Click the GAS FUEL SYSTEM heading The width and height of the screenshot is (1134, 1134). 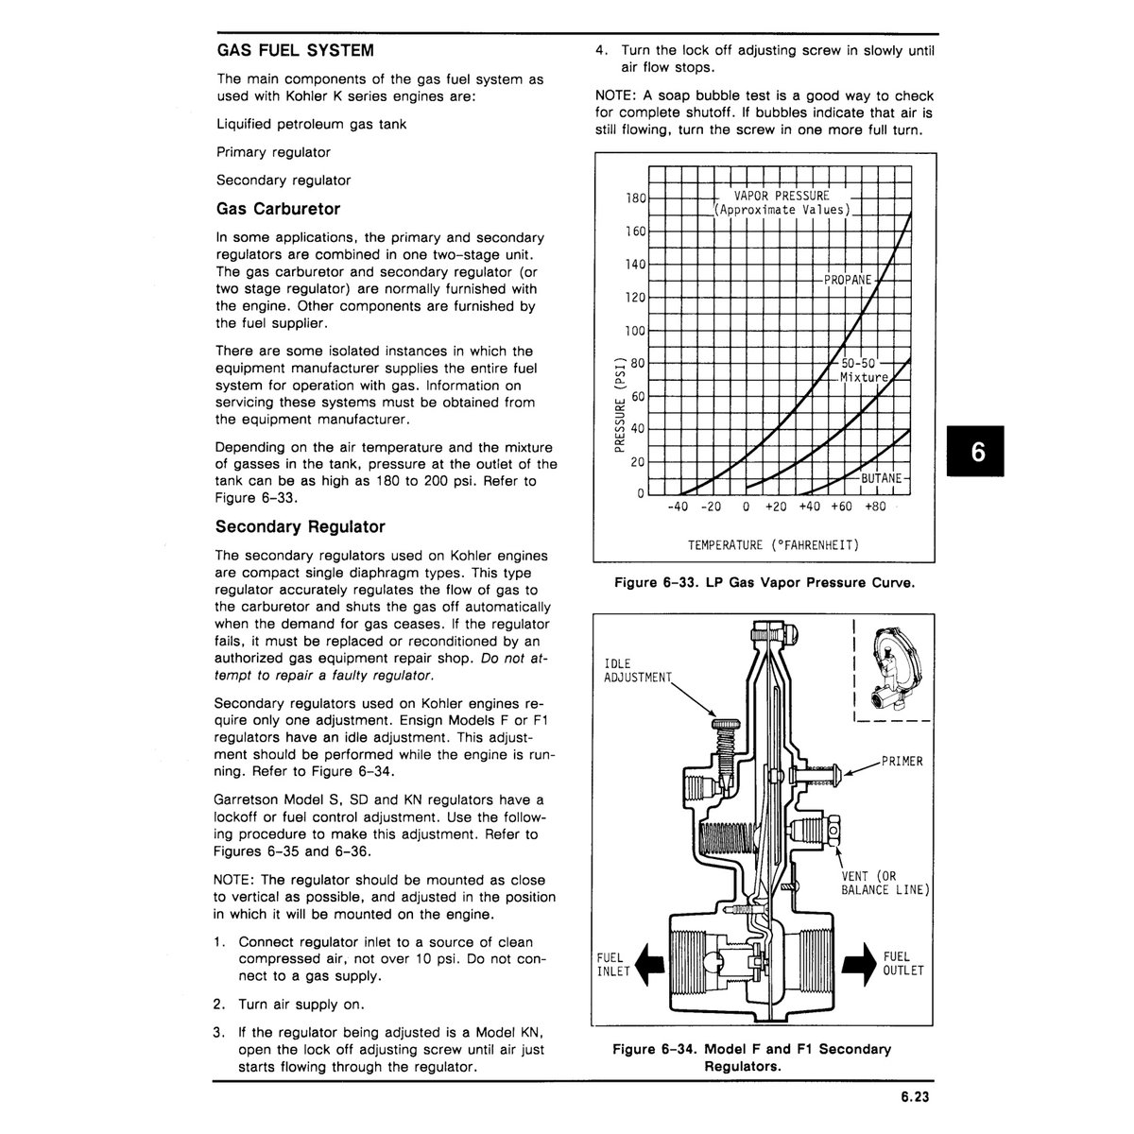pos(296,51)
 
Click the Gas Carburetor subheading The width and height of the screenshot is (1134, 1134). pos(279,209)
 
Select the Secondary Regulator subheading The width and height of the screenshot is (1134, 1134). pos(301,526)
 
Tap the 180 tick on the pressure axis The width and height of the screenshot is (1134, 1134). pos(636,198)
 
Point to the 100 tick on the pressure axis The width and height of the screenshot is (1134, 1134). pos(636,331)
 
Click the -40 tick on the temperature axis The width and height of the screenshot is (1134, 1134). pos(678,507)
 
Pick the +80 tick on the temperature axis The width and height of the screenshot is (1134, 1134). pos(875,507)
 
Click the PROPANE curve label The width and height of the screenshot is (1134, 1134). pos(848,280)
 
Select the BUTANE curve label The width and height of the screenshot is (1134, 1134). pos(881,478)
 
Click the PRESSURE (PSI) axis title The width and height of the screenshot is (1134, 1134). pos(619,404)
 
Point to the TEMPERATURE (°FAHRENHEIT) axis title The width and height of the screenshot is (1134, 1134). pos(774,545)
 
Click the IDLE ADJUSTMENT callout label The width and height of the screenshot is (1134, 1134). pos(637,671)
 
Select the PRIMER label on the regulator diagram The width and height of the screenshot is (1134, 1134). pos(902,762)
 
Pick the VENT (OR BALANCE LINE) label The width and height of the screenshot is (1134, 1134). pos(885,884)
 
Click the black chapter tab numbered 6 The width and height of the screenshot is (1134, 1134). pos(975,451)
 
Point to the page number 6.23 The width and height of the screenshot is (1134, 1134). pos(915,1097)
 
